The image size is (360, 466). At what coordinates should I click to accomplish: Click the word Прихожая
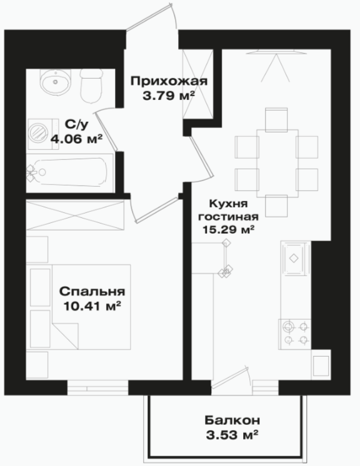169,81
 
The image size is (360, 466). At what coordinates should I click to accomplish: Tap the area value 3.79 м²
169,96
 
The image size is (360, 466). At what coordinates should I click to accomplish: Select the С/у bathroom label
77,124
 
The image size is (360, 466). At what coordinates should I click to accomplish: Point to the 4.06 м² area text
77,138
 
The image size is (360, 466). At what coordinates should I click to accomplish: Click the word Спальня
92,292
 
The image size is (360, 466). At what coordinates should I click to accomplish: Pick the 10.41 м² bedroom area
92,305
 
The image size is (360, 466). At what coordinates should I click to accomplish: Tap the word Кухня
228,204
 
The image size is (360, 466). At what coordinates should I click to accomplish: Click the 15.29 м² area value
228,229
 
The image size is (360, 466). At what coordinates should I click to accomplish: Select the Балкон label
232,420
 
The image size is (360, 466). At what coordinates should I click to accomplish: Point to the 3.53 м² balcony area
232,435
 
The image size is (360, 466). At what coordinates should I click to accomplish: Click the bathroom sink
55,82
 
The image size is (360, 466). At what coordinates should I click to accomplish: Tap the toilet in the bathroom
91,86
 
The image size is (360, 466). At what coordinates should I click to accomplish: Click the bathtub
69,172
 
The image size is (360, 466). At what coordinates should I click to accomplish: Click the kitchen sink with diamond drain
294,258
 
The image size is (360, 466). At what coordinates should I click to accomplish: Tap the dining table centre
277,164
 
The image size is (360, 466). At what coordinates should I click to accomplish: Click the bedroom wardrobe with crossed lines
75,215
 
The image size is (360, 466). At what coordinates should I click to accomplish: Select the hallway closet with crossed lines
197,84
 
